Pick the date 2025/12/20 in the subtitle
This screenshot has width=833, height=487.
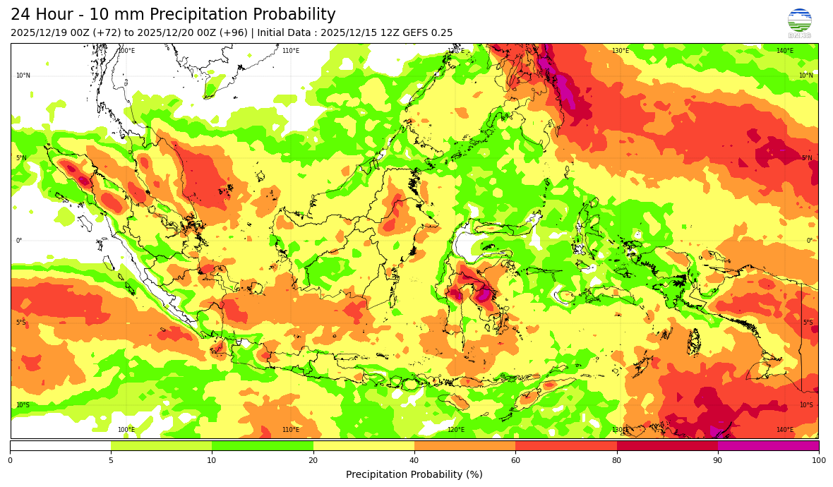pos(167,33)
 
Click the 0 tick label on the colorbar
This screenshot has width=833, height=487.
pos(10,461)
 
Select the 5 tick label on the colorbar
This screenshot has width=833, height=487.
pos(111,461)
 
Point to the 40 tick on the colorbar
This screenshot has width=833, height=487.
pos(414,461)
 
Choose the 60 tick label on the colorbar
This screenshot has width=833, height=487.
pos(515,461)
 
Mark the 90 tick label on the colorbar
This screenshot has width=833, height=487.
pos(718,461)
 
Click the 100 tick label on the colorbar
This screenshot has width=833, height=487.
pos(818,461)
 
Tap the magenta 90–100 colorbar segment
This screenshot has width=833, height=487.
pos(768,445)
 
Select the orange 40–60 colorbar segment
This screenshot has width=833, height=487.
pos(465,445)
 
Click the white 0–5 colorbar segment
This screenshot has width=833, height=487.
pos(60,445)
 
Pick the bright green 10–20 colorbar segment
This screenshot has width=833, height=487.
pos(263,445)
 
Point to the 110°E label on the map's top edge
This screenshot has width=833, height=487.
pos(290,51)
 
